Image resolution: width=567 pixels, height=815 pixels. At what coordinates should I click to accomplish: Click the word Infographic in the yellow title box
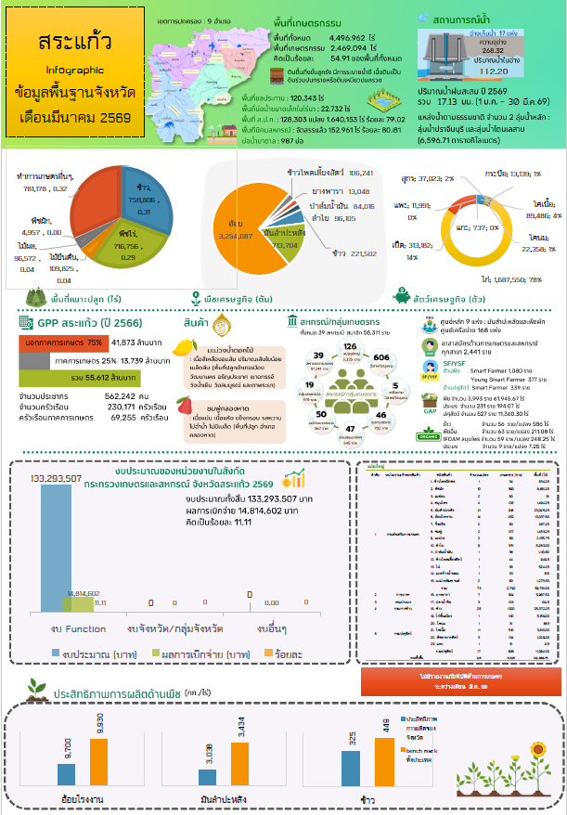[74, 70]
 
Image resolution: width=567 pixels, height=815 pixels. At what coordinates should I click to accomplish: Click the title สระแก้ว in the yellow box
[74, 44]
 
